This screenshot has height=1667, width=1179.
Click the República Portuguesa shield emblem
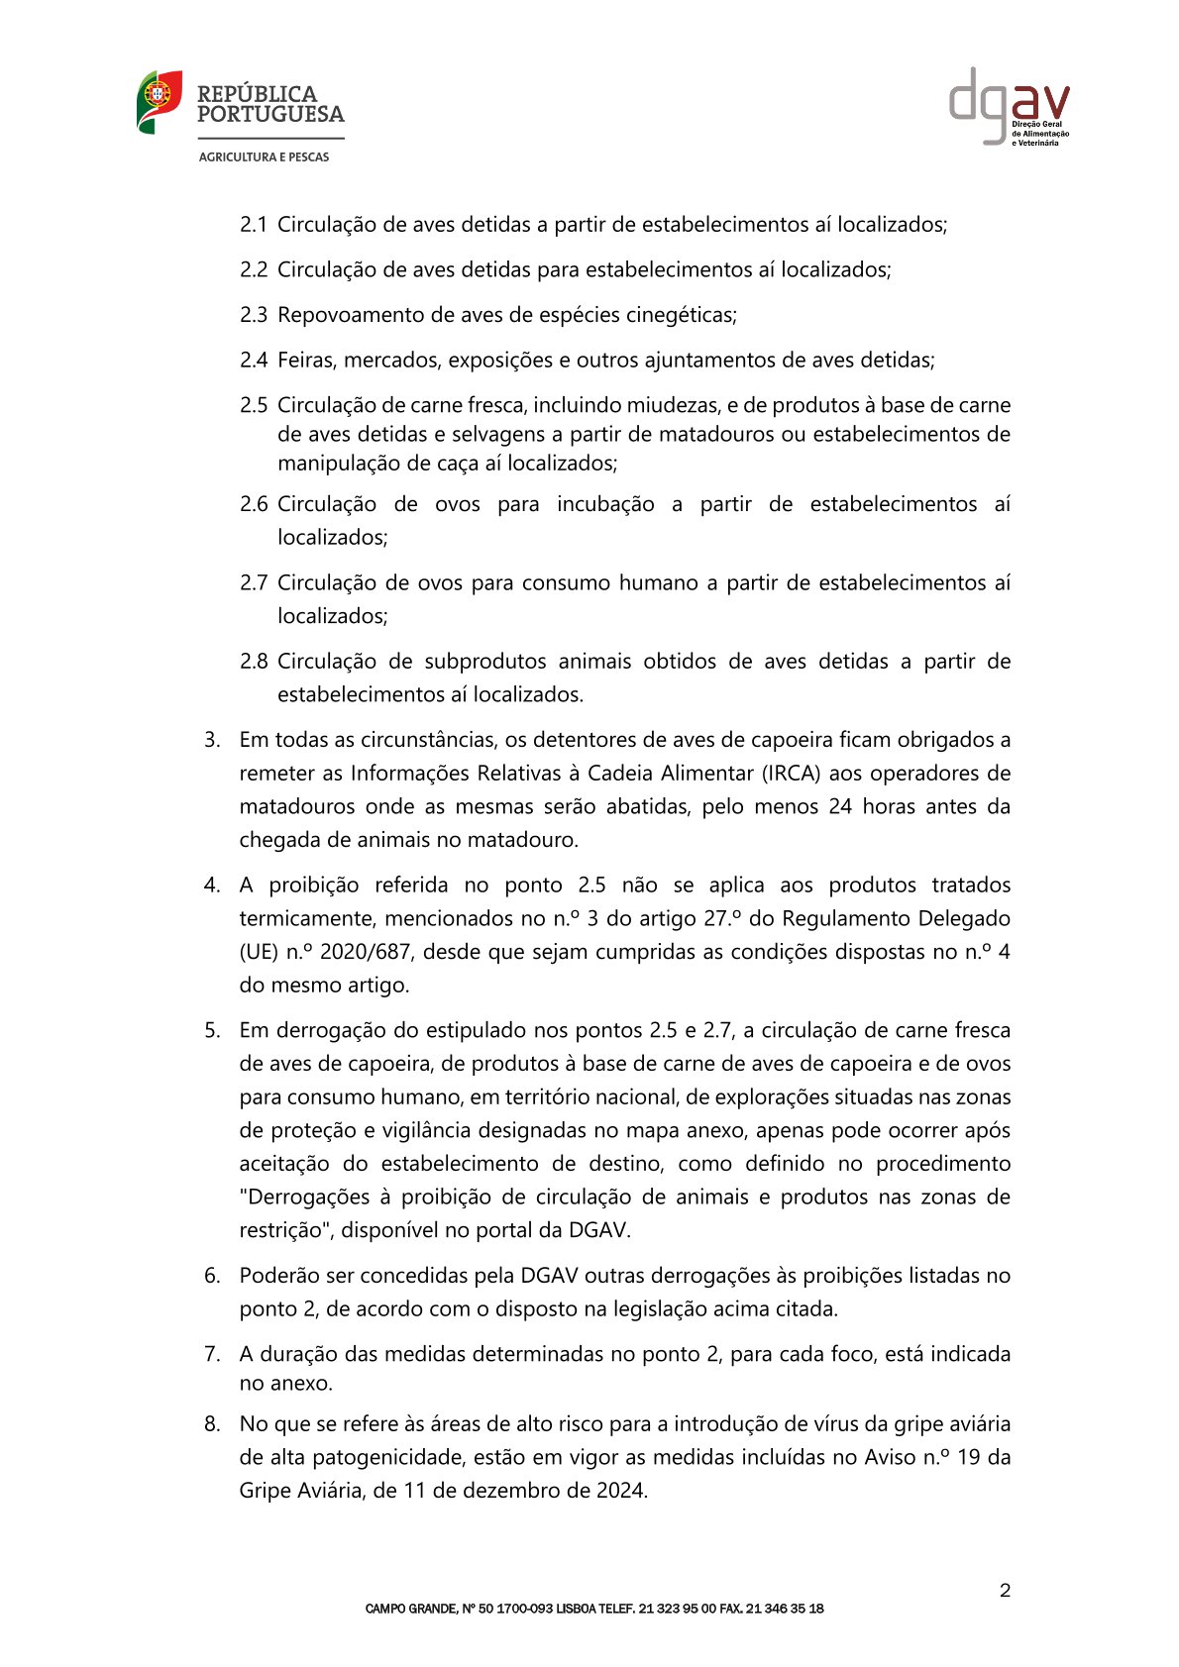(159, 102)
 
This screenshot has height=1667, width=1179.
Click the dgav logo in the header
(1009, 106)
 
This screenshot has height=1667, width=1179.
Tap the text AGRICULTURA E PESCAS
(264, 157)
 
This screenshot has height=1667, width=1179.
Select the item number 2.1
(253, 225)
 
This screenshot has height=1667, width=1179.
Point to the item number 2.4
(253, 361)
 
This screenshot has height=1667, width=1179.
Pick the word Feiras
(306, 361)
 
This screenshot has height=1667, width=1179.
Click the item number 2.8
(253, 662)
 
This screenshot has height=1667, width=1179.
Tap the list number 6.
(212, 1276)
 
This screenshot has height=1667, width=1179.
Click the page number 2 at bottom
(1005, 1591)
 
